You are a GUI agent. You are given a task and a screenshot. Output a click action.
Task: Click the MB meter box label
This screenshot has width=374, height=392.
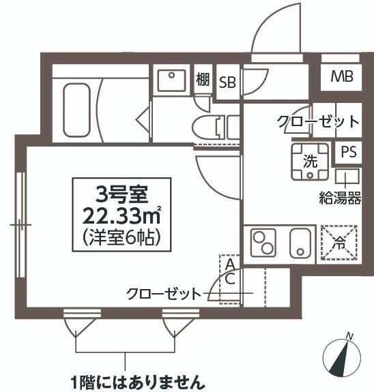click(x=342, y=76)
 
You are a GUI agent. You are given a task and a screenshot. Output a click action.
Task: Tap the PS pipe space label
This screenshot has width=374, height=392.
click(x=349, y=153)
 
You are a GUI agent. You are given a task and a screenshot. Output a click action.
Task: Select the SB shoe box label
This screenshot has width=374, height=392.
click(x=227, y=82)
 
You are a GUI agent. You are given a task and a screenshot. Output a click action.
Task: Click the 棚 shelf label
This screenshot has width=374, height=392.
click(x=203, y=80)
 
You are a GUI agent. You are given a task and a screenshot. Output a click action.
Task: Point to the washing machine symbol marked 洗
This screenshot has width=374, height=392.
click(x=310, y=162)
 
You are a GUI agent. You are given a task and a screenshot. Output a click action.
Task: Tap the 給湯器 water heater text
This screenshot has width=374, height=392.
click(x=340, y=199)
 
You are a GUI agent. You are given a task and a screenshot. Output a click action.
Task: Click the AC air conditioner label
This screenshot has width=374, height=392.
click(x=231, y=271)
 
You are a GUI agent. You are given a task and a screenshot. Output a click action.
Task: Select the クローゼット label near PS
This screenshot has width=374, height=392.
click(x=318, y=122)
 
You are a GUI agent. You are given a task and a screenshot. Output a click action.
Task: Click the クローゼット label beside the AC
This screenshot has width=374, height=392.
click(x=163, y=295)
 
